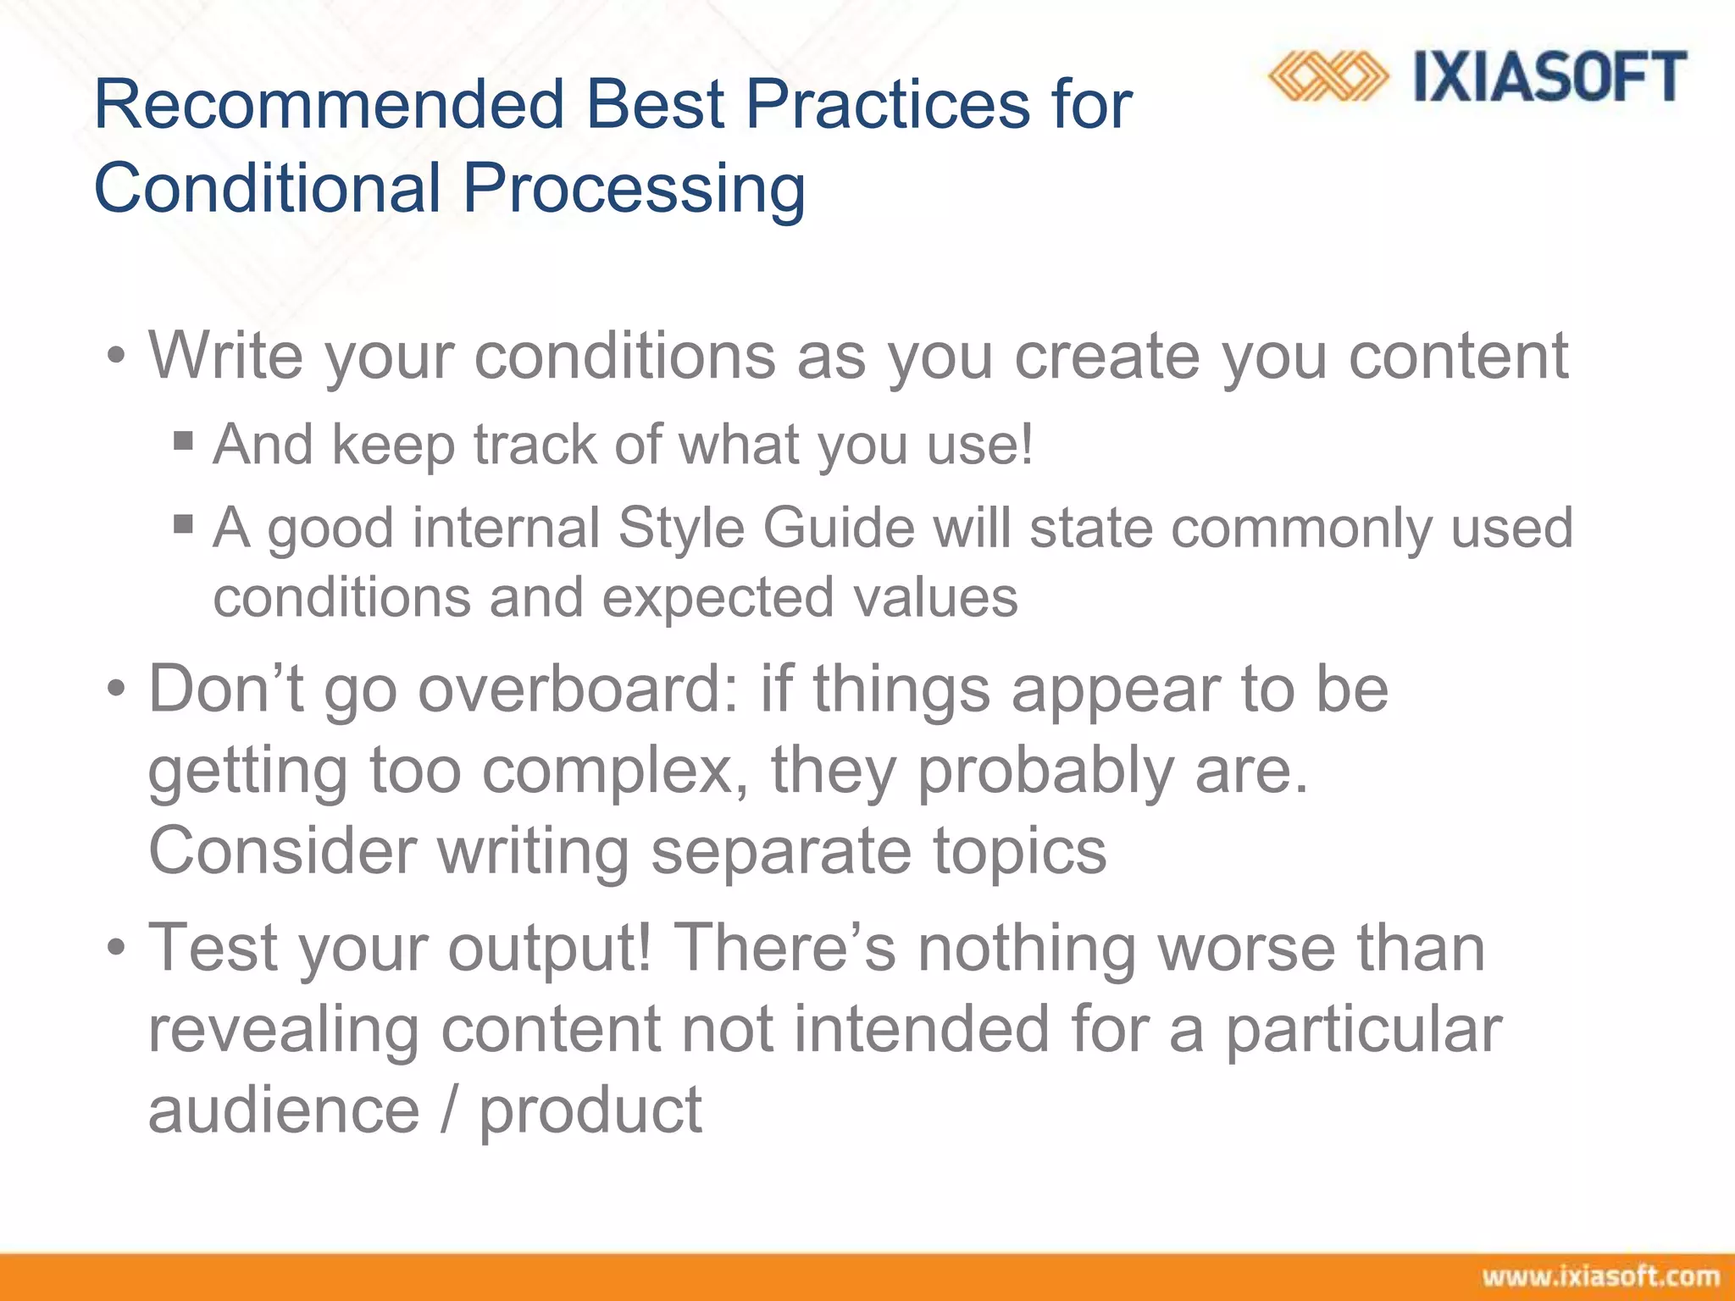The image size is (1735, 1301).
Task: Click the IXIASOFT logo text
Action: (x=1549, y=77)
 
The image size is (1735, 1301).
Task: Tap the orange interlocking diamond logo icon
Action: (x=1328, y=77)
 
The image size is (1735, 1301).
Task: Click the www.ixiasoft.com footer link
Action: (x=1600, y=1276)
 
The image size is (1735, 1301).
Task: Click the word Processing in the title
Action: (x=633, y=189)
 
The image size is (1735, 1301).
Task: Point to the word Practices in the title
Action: (x=887, y=104)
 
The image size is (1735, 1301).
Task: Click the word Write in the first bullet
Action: (x=225, y=356)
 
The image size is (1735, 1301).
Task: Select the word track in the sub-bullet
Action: (x=535, y=445)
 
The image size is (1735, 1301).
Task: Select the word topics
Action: (x=1019, y=851)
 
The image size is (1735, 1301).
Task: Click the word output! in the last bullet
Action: (x=550, y=948)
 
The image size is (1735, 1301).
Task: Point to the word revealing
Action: (x=284, y=1029)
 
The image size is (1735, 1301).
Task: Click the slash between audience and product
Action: (x=449, y=1110)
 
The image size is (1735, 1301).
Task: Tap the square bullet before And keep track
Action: (x=183, y=440)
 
